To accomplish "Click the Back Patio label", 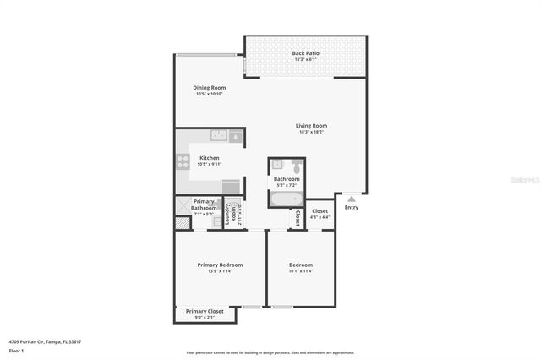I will [x=306, y=53].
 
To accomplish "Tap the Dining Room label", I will [x=209, y=87].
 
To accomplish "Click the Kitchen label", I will [x=209, y=158].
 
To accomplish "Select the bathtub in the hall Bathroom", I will [x=284, y=199].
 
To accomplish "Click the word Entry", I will [x=351, y=207].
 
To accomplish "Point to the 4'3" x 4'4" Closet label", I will [x=320, y=214].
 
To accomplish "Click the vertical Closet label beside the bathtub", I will [x=297, y=218].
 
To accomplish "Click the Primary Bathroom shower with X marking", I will [x=183, y=205].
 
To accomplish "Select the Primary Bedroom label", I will [x=220, y=265].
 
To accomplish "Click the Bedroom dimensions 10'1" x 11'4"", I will [x=300, y=271].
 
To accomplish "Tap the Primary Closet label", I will [x=205, y=311].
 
